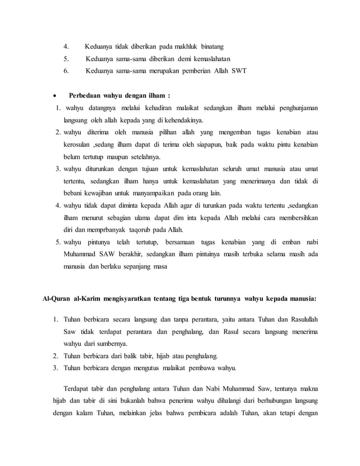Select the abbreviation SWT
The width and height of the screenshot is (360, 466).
click(238, 71)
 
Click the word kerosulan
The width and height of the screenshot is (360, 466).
click(78, 144)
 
